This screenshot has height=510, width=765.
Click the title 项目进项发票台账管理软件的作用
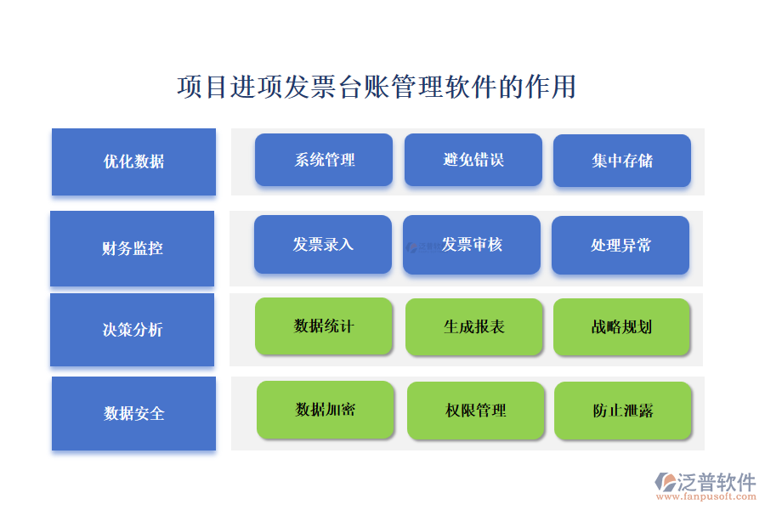point(377,87)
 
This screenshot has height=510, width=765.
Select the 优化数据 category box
point(133,161)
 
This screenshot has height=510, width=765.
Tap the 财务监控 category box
point(133,248)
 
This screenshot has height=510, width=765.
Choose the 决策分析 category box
point(133,330)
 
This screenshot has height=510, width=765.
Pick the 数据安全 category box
point(133,413)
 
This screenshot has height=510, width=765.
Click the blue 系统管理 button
point(324,160)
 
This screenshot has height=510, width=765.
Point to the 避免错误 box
point(473,160)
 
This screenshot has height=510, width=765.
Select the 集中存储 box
point(622,161)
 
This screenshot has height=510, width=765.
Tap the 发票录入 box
point(323,245)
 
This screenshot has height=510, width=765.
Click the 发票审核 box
point(472,245)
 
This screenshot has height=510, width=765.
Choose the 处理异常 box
point(620,245)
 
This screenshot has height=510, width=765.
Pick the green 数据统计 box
point(324,326)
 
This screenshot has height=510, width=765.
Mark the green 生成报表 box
point(474,326)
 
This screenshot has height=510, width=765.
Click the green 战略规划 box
point(621,326)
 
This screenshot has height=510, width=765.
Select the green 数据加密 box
point(326,410)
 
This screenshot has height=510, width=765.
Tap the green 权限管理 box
point(476,411)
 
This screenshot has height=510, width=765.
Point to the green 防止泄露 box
point(623,411)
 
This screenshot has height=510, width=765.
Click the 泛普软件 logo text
point(717,482)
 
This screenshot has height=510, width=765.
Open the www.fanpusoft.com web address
point(706,496)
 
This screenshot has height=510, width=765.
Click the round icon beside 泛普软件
point(666,482)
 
